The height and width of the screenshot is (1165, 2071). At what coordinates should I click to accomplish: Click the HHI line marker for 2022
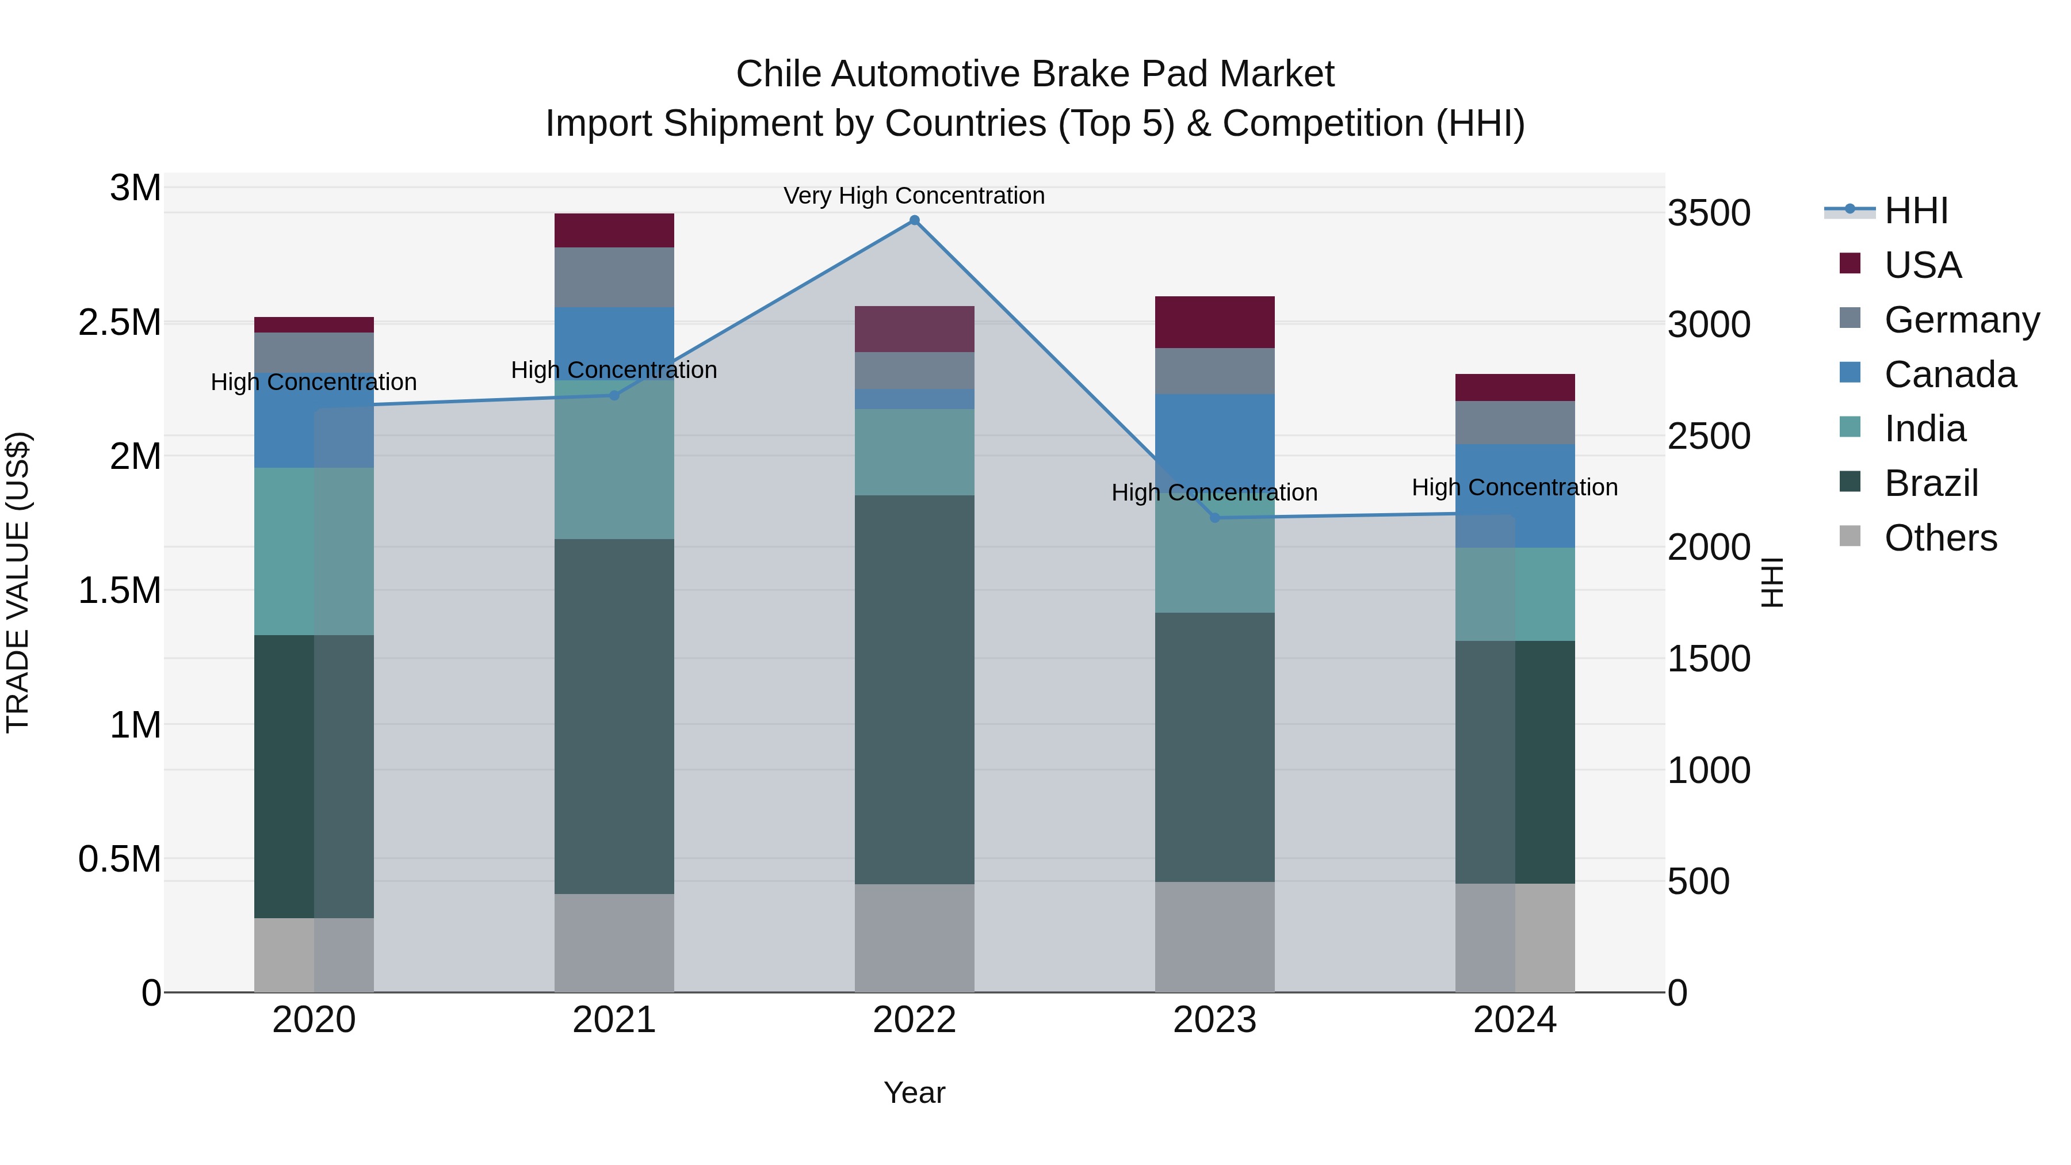[x=914, y=220]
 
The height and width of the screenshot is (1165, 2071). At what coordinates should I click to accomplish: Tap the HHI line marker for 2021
[x=614, y=395]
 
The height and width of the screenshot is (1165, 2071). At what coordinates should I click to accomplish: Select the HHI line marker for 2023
[x=1215, y=518]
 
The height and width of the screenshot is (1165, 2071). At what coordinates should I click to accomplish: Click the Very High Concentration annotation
[x=914, y=196]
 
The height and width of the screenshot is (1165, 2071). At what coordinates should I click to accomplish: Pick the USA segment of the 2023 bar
[x=1215, y=322]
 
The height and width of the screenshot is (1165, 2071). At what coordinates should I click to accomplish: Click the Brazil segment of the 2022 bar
[x=914, y=689]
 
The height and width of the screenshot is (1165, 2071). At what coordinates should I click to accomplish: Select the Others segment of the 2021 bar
[x=614, y=942]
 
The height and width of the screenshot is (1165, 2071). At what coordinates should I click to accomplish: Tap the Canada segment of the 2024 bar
[x=1515, y=495]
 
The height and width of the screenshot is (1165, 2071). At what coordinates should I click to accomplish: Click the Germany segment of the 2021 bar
[x=614, y=277]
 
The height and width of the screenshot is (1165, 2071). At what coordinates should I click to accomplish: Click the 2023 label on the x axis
[x=1215, y=1020]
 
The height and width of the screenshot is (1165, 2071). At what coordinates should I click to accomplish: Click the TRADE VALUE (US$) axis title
[x=18, y=582]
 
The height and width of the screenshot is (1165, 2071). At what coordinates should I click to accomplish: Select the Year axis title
[x=914, y=1093]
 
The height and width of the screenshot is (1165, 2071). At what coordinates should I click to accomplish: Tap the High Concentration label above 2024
[x=1515, y=487]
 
